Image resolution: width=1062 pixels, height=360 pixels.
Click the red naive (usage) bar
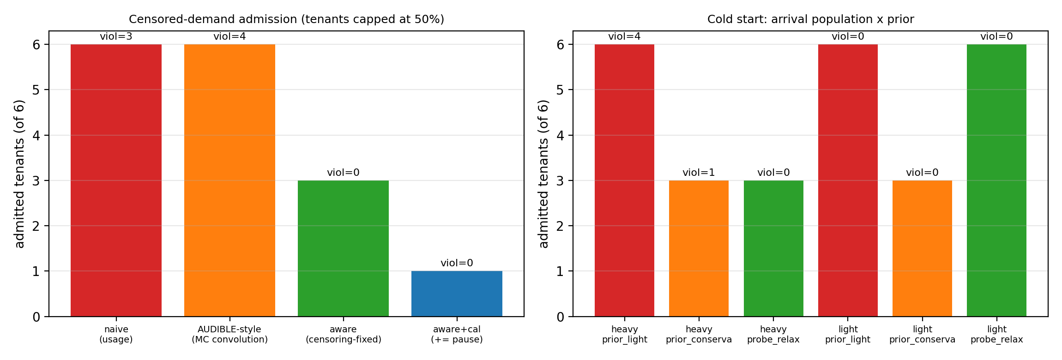coord(116,180)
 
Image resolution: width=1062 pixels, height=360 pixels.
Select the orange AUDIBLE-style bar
coord(229,180)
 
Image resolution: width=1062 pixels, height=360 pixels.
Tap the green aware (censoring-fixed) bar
coord(343,248)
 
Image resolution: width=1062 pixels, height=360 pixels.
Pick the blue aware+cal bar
coord(457,294)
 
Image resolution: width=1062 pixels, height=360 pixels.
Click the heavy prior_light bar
coord(624,180)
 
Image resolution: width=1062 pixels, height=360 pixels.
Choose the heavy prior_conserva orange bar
coord(699,248)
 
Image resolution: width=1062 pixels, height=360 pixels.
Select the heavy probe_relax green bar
coord(773,248)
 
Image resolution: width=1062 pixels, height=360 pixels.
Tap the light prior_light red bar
coord(848,180)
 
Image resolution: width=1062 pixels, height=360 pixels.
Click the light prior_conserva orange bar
coord(922,248)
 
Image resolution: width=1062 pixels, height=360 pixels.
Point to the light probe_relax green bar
coord(996,180)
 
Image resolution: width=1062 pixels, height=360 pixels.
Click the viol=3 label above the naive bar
coord(116,36)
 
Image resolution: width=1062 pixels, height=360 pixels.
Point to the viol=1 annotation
coord(699,173)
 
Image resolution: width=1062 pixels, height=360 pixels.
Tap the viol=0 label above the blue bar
coord(457,263)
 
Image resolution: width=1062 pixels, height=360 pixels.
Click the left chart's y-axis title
coord(19,174)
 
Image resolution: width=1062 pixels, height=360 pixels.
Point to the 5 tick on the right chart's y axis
coord(560,90)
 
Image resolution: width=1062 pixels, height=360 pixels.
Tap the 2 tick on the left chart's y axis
coord(36,226)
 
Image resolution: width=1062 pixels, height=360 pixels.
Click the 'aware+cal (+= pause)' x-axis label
coord(457,335)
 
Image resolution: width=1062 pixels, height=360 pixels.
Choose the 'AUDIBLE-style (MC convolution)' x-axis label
coord(229,335)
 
